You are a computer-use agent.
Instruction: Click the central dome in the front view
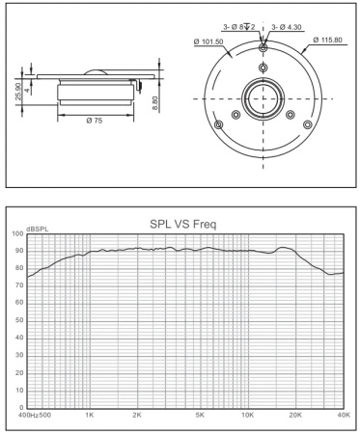tap(263, 98)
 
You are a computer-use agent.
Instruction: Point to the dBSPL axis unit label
tap(37, 231)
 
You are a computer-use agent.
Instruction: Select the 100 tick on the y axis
tap(16, 234)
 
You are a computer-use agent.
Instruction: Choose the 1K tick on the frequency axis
tap(89, 414)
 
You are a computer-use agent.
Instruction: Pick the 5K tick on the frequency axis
tap(200, 414)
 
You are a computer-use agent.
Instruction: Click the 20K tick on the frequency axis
tap(296, 414)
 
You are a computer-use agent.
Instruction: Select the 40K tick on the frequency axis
tap(342, 414)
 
